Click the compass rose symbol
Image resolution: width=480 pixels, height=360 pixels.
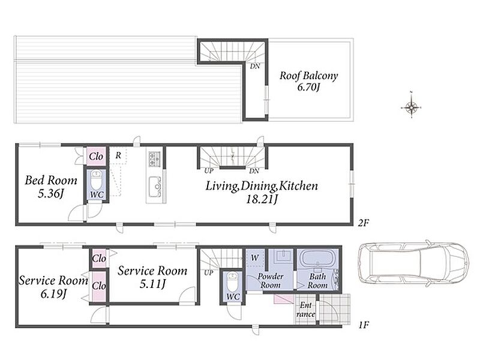pyautogui.click(x=412, y=107)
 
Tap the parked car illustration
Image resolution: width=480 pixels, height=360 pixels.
pyautogui.click(x=413, y=263)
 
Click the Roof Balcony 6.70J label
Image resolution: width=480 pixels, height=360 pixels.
pyautogui.click(x=308, y=81)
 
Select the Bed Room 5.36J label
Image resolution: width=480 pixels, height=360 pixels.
pyautogui.click(x=51, y=186)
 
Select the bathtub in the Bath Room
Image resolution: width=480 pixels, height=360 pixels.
pyautogui.click(x=317, y=259)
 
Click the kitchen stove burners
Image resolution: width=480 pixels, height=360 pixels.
pyautogui.click(x=155, y=159)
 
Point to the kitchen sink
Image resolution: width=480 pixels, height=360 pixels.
pyautogui.click(x=155, y=187)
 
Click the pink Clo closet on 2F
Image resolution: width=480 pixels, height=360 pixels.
pyautogui.click(x=96, y=157)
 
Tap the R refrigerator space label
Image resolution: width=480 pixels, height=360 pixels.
pyautogui.click(x=118, y=155)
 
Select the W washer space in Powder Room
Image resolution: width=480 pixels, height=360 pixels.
pyautogui.click(x=254, y=258)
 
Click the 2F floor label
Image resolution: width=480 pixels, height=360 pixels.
pyautogui.click(x=363, y=223)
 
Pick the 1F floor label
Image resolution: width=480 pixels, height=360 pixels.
pyautogui.click(x=363, y=325)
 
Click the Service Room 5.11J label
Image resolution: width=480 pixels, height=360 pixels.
pyautogui.click(x=152, y=277)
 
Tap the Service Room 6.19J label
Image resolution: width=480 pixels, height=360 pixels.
pyautogui.click(x=53, y=287)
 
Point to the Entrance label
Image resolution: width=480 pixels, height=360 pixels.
pyautogui.click(x=305, y=310)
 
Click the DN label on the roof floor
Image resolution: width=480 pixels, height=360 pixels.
pyautogui.click(x=255, y=66)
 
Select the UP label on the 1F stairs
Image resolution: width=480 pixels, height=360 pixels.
pyautogui.click(x=208, y=272)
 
